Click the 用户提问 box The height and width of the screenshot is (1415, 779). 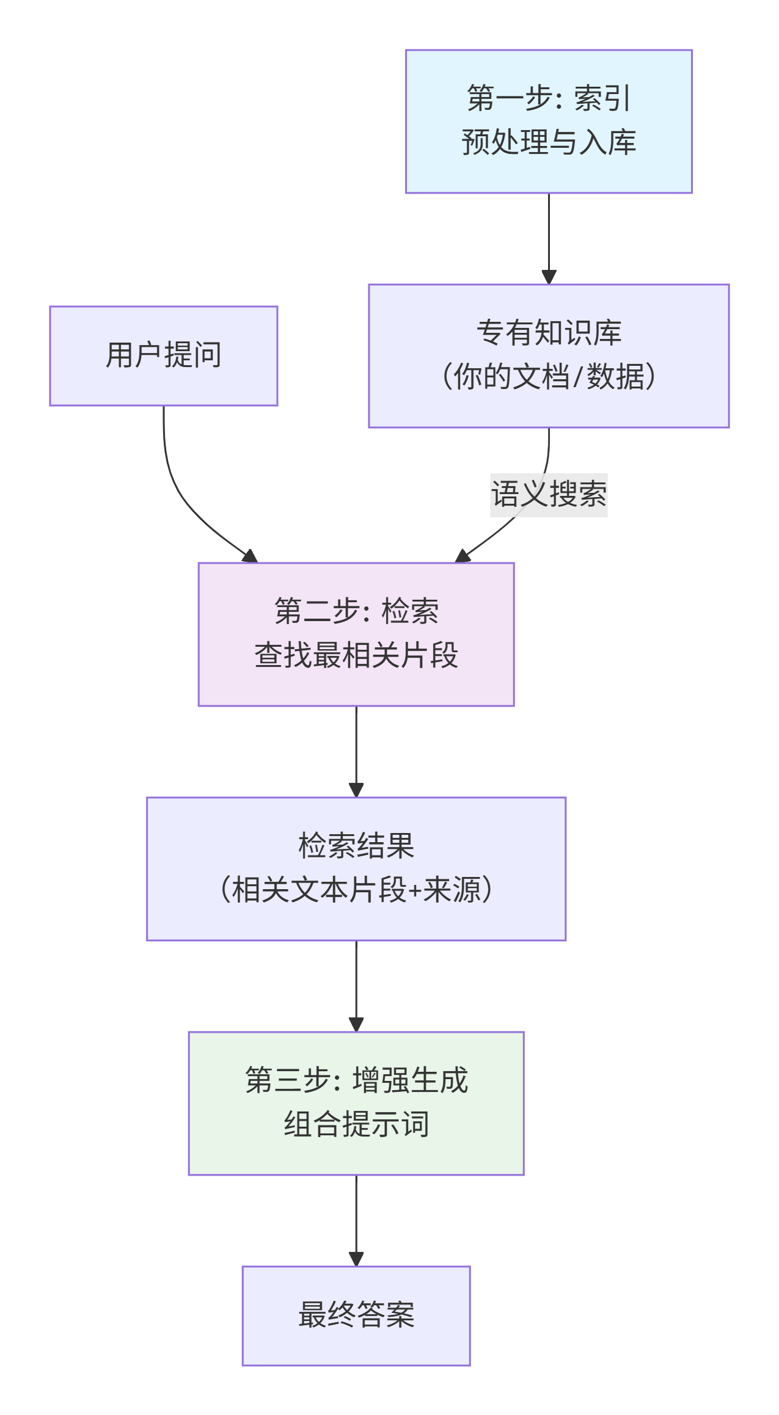(163, 355)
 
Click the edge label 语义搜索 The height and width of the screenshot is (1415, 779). (548, 495)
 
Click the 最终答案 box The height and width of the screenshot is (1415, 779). (356, 1315)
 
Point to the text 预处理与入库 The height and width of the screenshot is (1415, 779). (548, 142)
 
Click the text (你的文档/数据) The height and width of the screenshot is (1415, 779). (548, 376)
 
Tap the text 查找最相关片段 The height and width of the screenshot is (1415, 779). (356, 655)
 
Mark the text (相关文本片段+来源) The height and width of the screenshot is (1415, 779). (356, 890)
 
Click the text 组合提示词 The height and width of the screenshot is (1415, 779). (356, 1124)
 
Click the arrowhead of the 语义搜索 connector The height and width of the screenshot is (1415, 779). (463, 556)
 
